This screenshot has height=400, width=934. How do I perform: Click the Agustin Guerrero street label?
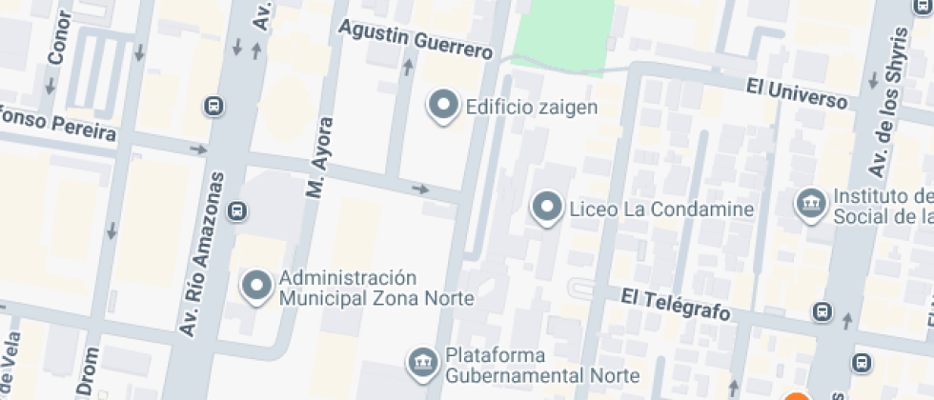(416, 40)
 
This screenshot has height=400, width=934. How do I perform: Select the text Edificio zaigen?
(531, 107)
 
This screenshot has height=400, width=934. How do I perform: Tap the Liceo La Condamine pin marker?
(546, 208)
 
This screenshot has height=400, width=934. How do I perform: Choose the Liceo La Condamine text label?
(661, 209)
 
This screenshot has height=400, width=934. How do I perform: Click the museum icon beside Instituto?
(811, 203)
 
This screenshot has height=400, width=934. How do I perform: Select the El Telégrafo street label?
(675, 304)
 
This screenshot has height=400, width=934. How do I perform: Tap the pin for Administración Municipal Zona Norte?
(257, 287)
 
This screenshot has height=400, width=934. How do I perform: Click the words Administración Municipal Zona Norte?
(376, 288)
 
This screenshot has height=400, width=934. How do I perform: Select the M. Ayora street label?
(321, 157)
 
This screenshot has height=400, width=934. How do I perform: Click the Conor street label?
(58, 38)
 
